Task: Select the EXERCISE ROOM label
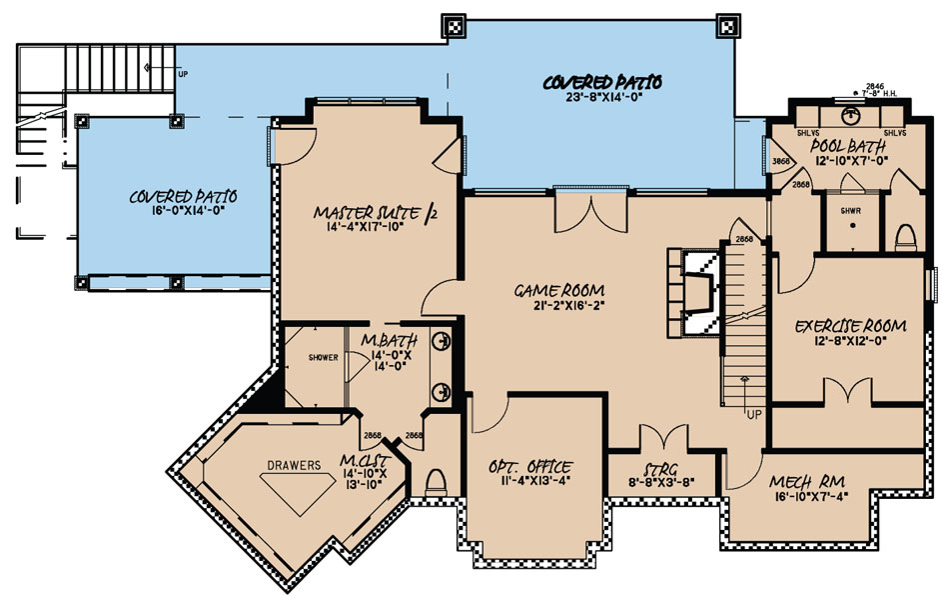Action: (x=850, y=326)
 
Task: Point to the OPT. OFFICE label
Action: (x=529, y=467)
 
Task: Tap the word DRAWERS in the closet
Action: (x=294, y=465)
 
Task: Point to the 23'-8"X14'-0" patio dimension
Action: (x=603, y=98)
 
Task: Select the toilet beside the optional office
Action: (x=436, y=485)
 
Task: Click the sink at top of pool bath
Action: (x=851, y=112)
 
